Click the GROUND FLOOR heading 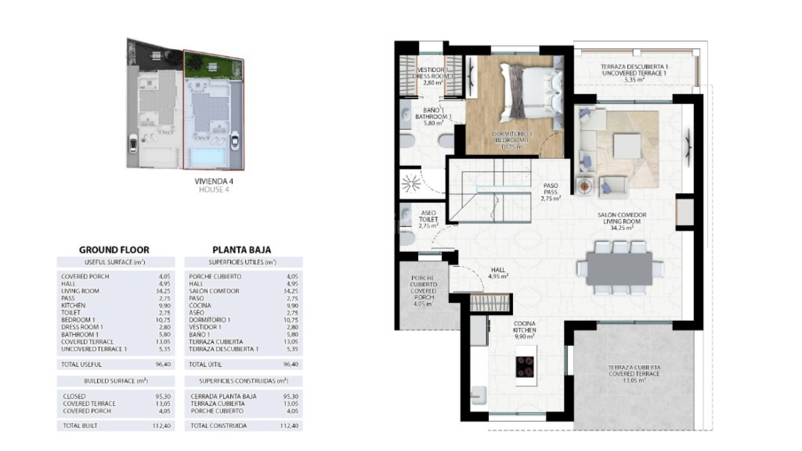(114, 250)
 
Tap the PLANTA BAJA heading (242, 250)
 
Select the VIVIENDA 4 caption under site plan (213, 181)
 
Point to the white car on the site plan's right (235, 141)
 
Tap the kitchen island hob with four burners (525, 367)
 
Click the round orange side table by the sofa (584, 186)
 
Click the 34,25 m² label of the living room (622, 228)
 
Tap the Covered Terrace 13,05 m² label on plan (634, 374)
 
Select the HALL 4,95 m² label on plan (498, 273)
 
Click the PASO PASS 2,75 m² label (551, 192)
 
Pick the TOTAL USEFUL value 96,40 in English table (163, 365)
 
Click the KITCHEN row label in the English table (74, 305)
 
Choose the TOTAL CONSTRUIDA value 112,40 (289, 426)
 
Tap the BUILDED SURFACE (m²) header (116, 381)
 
